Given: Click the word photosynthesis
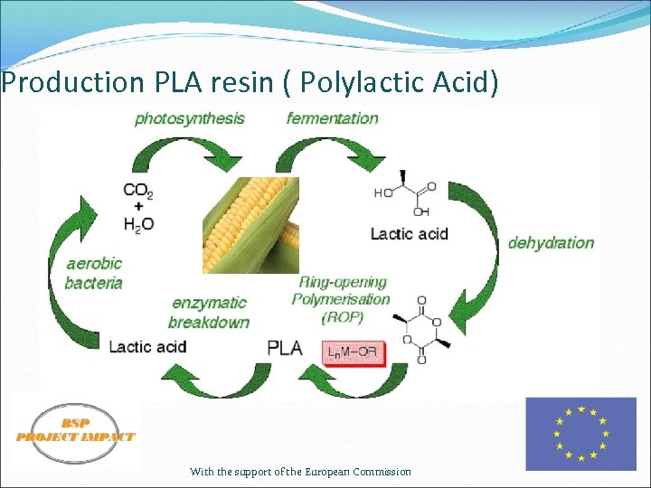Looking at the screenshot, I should click(189, 118).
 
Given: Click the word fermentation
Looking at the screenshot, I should click(332, 118).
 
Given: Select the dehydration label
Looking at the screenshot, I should click(551, 242).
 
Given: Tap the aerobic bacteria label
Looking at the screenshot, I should click(93, 273).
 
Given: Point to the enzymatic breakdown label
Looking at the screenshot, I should click(208, 312).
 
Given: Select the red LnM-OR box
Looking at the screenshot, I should click(353, 350).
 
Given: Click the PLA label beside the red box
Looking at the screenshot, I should click(286, 348).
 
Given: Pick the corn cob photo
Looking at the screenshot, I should click(250, 225).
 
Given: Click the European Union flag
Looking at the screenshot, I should click(580, 434).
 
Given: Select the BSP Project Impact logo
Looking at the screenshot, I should click(75, 432).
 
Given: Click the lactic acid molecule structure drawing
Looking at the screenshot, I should click(405, 192).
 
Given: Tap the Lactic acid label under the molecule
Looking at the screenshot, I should click(409, 234).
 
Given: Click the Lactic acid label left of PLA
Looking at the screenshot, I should click(147, 346).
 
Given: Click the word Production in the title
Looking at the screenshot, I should click(72, 83).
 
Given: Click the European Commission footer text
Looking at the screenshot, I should click(300, 472).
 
